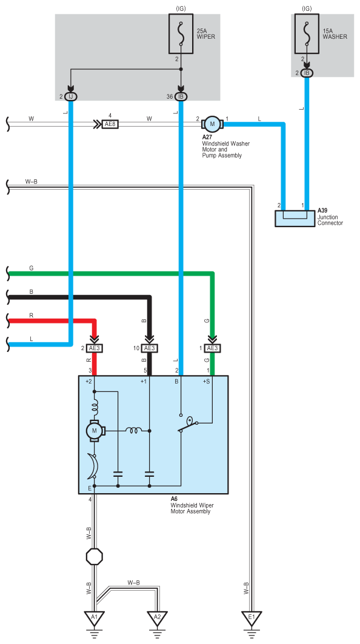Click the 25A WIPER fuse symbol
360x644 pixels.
[x=181, y=34]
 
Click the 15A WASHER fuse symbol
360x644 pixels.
[x=307, y=34]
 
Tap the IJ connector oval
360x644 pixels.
[x=71, y=96]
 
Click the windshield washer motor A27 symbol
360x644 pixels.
[x=213, y=123]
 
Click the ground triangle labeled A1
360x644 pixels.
[x=95, y=617]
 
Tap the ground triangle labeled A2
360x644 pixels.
[x=157, y=617]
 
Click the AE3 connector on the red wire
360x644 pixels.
[x=94, y=348]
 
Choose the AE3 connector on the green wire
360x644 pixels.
[x=212, y=348]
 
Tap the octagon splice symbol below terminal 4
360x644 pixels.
[x=94, y=557]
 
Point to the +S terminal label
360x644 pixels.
[x=207, y=381]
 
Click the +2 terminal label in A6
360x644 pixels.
[x=88, y=381]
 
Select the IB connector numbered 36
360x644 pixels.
[x=181, y=96]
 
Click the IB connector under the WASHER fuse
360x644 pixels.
[x=307, y=73]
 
